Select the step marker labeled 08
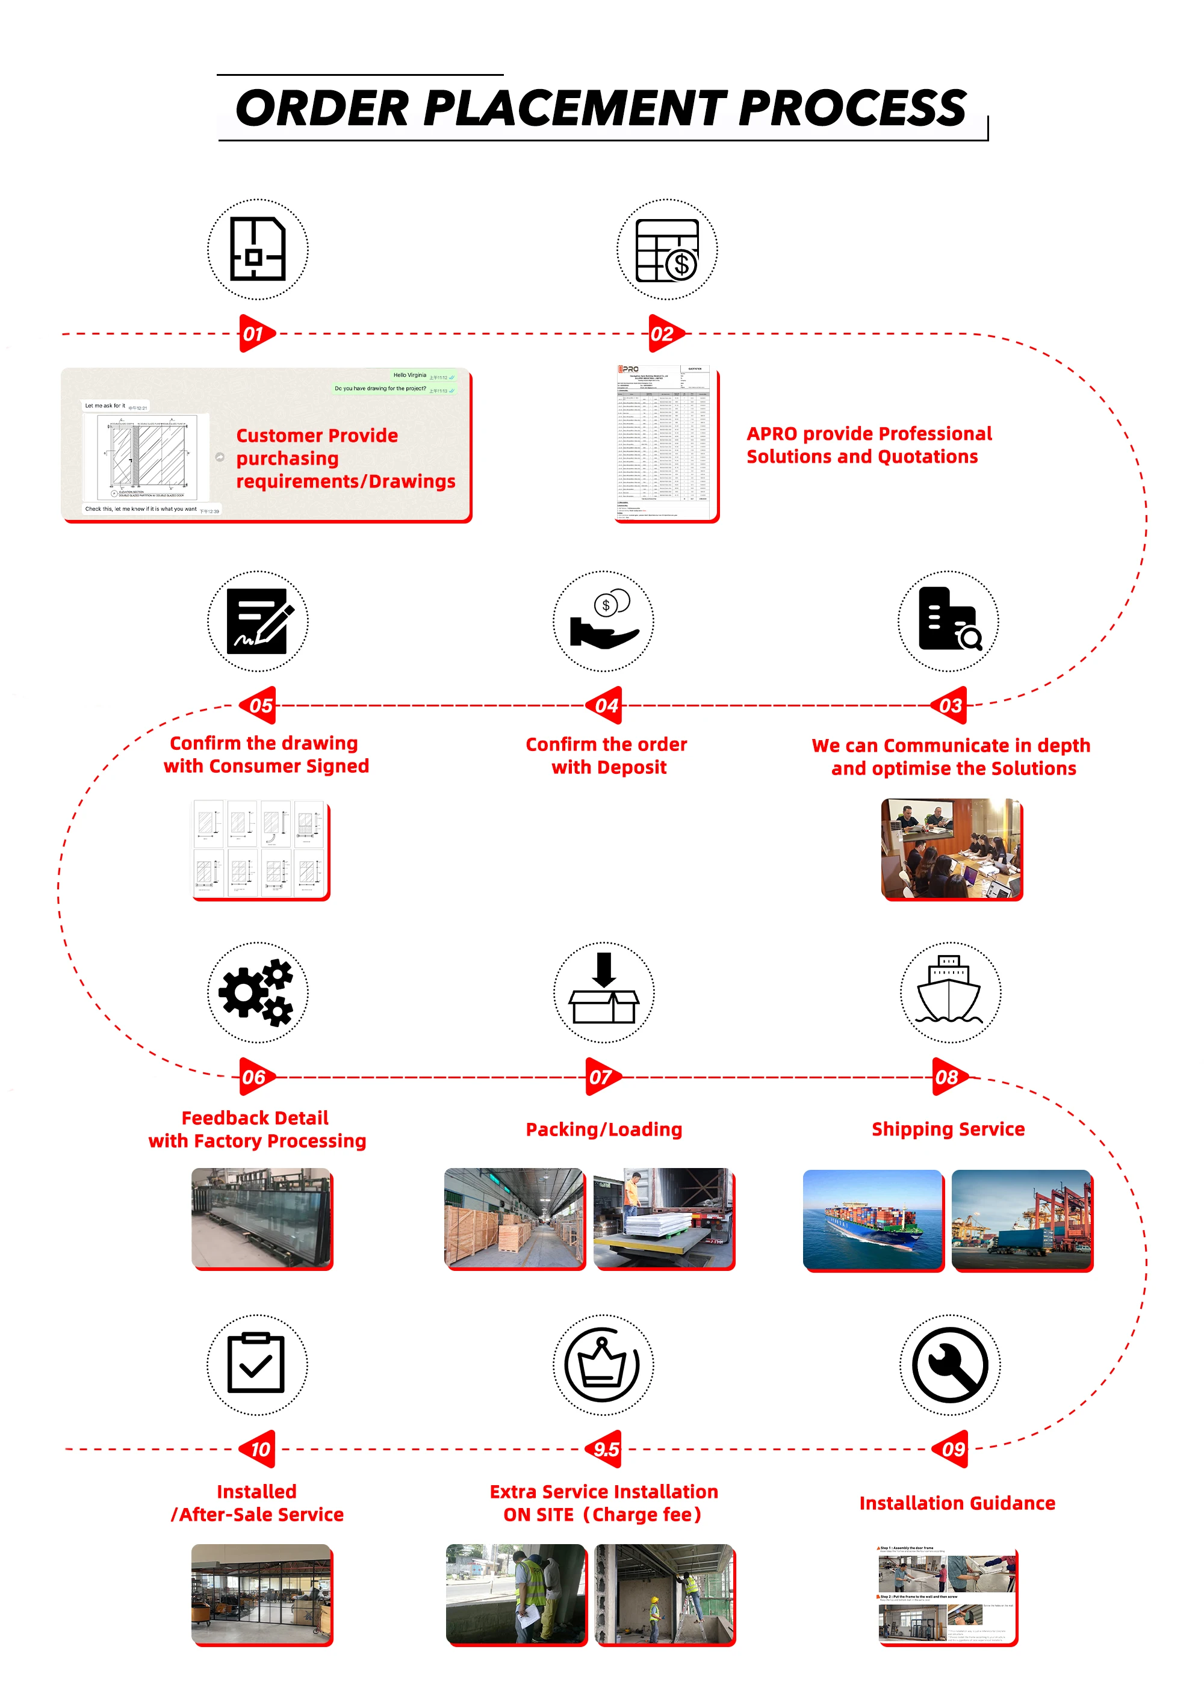[948, 1077]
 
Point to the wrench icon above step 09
[949, 1365]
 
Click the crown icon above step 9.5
[603, 1365]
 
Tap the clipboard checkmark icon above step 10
[256, 1365]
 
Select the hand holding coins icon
[603, 621]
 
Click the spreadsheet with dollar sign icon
[667, 250]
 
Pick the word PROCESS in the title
[852, 108]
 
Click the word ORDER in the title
[322, 108]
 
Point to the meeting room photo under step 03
[951, 848]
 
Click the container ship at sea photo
[872, 1219]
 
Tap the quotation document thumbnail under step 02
[665, 443]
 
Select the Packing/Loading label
[604, 1129]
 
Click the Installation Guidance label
[957, 1503]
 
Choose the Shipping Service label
[948, 1129]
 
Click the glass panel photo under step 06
[261, 1217]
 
